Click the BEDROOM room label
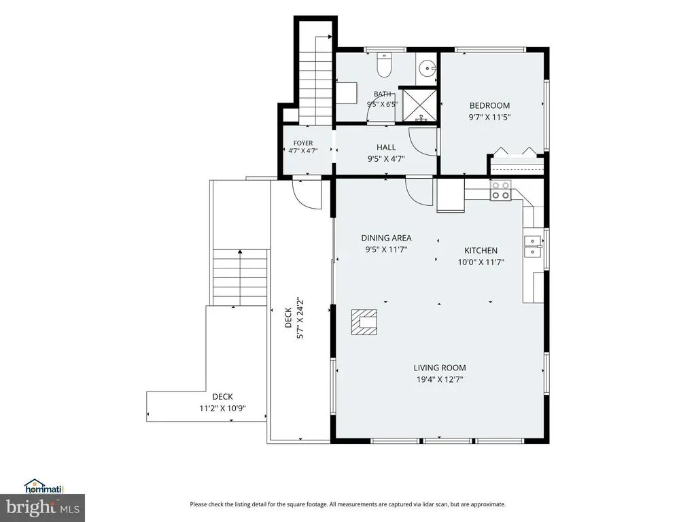point(489,105)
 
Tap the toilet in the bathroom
point(383,65)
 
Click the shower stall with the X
point(419,105)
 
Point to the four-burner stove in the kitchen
point(501,190)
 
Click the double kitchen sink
point(532,246)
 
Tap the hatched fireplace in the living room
point(364,322)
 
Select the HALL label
point(386,147)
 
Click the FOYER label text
point(303,143)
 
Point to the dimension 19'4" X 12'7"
point(440,379)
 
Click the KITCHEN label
point(481,250)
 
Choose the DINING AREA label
point(386,238)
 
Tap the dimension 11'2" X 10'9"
point(222,408)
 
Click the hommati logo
point(44,487)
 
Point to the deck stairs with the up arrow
point(240,277)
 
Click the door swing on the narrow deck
point(307,194)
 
